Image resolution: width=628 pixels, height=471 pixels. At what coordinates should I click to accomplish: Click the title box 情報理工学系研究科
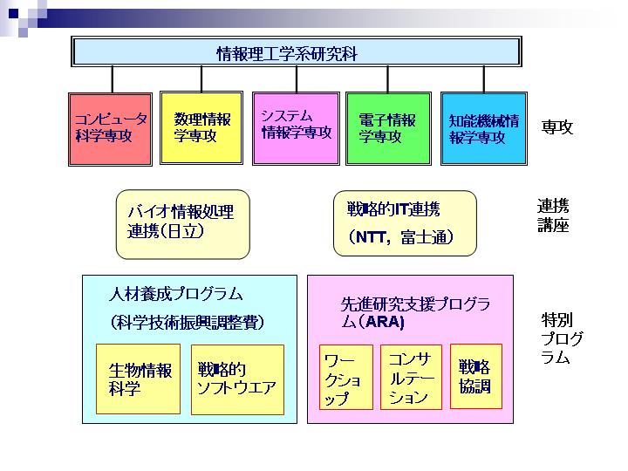tap(297, 51)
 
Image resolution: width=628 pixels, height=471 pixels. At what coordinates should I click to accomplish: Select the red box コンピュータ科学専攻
tap(110, 129)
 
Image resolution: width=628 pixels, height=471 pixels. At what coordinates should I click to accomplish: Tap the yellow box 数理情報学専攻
tap(201, 127)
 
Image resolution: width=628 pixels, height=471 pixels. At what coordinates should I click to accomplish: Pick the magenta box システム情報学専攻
tap(296, 128)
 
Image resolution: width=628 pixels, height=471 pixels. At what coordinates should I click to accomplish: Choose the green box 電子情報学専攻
tap(388, 128)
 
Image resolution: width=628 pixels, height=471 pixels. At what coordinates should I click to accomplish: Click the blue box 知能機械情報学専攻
tap(484, 128)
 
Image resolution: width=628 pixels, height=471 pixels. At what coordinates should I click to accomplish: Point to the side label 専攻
tap(557, 127)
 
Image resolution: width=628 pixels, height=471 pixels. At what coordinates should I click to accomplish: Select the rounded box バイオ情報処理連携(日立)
tap(182, 224)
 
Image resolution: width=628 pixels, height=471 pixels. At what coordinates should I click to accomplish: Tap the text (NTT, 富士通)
tap(400, 237)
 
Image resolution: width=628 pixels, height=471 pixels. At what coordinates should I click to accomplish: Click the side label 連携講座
tap(553, 215)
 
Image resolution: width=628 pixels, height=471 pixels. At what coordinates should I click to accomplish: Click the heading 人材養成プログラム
tap(176, 294)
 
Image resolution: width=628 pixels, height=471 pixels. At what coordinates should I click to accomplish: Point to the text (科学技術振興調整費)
tap(188, 322)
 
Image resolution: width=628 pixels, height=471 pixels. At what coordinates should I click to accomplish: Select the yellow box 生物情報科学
tap(138, 379)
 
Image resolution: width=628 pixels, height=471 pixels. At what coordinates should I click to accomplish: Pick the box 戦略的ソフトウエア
tap(237, 379)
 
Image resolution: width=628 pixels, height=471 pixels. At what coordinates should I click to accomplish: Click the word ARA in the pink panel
tap(384, 322)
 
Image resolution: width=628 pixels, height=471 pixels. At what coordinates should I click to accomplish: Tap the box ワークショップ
tap(346, 377)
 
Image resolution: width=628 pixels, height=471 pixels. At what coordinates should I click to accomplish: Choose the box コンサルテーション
tap(411, 377)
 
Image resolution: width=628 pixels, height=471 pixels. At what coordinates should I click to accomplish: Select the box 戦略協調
tap(476, 376)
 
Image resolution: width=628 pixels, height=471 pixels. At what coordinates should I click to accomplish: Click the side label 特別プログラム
tap(561, 338)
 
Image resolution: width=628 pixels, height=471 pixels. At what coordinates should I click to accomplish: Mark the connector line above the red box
tap(113, 79)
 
